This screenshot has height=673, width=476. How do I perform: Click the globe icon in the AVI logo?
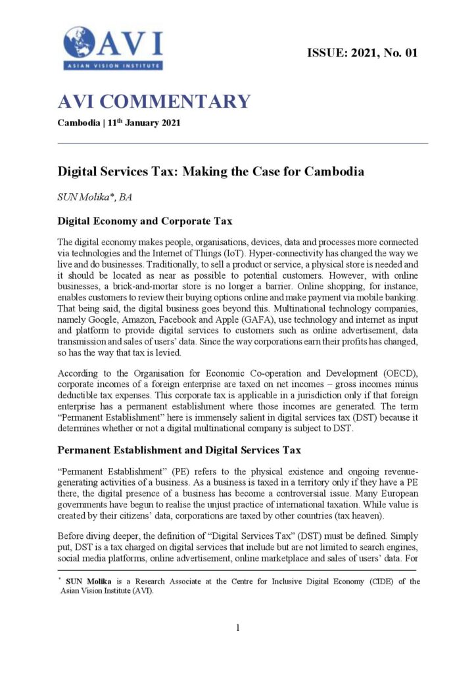[79, 41]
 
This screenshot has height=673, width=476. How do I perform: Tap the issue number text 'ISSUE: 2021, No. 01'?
[362, 53]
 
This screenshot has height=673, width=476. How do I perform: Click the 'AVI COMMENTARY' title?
[155, 102]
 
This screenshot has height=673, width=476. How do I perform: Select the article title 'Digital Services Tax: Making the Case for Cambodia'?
[211, 172]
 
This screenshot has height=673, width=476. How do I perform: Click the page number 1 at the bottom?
[238, 628]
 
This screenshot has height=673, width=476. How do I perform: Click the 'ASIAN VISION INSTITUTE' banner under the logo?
[113, 65]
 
